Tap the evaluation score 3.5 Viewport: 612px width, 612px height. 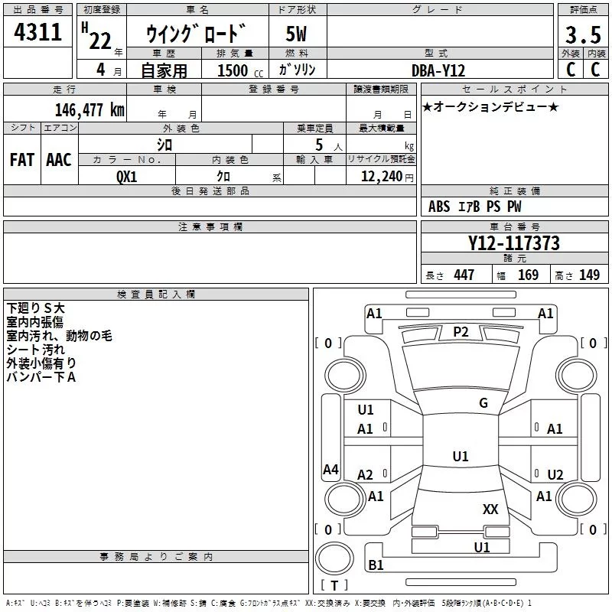click(581, 35)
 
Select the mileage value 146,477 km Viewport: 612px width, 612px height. click(90, 109)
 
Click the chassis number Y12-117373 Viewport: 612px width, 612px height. click(513, 243)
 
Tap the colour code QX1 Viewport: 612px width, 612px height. click(127, 175)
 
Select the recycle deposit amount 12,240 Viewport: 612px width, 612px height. click(381, 176)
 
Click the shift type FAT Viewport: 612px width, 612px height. click(21, 159)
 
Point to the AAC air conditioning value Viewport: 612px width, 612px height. click(58, 159)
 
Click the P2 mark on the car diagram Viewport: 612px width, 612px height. click(461, 331)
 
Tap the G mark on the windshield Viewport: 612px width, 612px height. click(483, 402)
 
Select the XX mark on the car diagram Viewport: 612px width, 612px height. click(490, 509)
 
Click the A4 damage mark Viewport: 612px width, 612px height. click(330, 470)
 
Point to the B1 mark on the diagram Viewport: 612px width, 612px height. click(376, 565)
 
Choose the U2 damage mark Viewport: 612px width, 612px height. click(555, 474)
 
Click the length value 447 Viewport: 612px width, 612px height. click(464, 275)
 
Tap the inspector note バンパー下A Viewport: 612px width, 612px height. click(41, 376)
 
